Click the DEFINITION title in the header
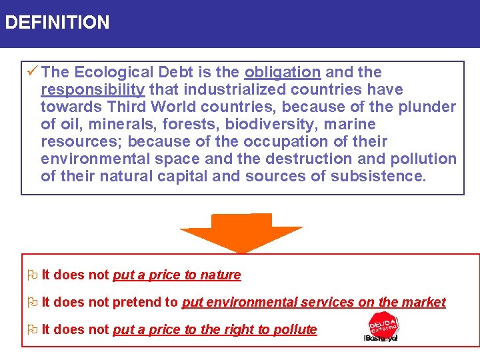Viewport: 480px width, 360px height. coord(57,23)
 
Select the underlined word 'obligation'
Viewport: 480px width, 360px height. coord(283,72)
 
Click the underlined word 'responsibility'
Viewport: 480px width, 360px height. coord(93,89)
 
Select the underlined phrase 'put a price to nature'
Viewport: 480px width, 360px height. coord(177,275)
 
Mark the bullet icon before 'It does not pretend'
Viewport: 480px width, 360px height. coord(32,302)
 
